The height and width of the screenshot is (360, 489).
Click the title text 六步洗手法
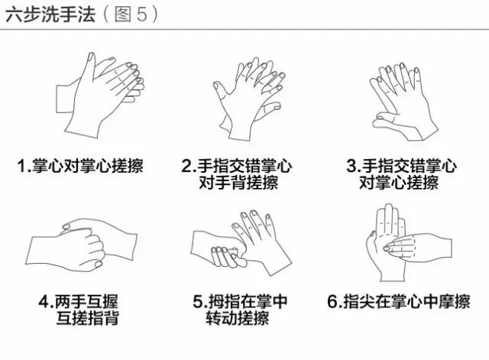pos(50,15)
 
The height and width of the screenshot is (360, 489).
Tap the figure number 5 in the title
pos(142,15)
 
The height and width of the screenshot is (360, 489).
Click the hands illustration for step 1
pos(100,95)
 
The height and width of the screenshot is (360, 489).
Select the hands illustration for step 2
pos(249,99)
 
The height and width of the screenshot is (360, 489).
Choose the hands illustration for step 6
pos(409,242)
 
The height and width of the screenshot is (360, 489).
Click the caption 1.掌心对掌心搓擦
pos(80,166)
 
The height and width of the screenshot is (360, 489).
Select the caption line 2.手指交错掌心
pos(237,166)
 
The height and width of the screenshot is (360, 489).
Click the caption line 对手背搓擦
pos(238,182)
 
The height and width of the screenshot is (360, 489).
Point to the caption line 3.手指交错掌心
pos(402,166)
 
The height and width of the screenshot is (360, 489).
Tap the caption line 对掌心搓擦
pos(399,182)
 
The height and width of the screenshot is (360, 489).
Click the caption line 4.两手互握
pos(79,302)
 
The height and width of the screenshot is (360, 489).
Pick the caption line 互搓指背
pos(87,318)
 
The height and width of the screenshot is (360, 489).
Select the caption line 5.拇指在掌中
pos(240,302)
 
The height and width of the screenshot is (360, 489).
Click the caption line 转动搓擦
pos(238,318)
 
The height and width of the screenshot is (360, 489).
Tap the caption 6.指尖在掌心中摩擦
pos(399,302)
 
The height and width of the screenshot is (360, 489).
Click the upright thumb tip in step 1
pos(90,56)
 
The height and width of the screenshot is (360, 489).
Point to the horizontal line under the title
pos(244,30)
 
